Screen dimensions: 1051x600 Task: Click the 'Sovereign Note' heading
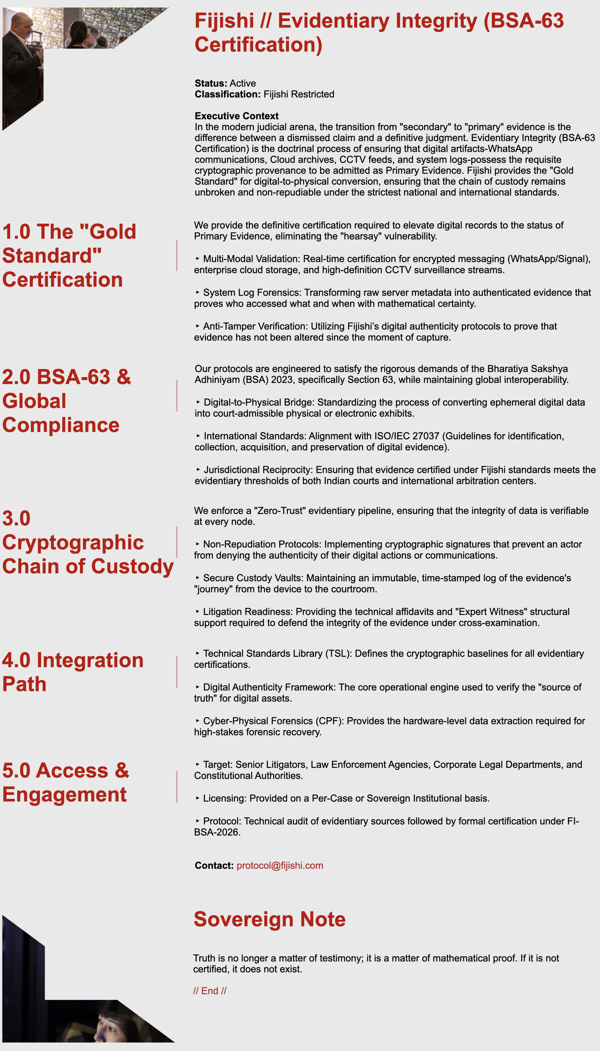(270, 919)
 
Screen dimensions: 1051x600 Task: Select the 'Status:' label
(210, 83)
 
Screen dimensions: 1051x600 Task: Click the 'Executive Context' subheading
(237, 116)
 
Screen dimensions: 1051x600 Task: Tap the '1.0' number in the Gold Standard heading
(16, 232)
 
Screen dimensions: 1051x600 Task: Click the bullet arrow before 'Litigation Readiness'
(198, 612)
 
